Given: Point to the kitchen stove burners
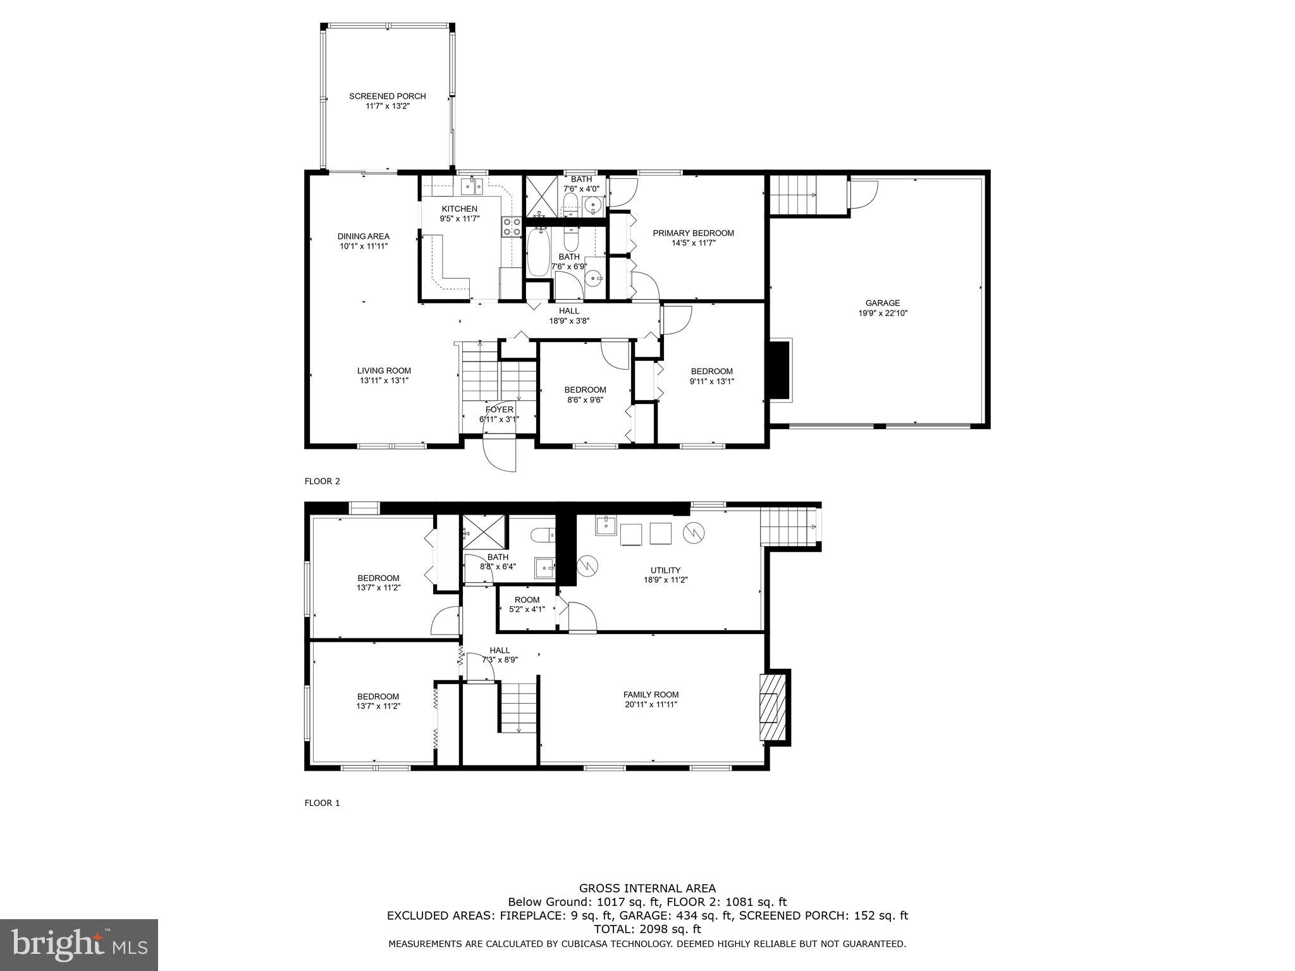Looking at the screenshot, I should tap(512, 226).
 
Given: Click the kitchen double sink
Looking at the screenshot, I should tap(471, 185).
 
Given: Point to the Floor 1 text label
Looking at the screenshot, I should tap(322, 803).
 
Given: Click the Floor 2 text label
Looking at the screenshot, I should tap(322, 481).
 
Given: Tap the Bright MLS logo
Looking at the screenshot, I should tap(79, 944).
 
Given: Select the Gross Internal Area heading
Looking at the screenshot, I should tap(647, 888).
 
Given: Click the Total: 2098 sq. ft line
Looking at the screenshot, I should tap(647, 929).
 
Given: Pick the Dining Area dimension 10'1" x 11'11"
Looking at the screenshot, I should tap(364, 247).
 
